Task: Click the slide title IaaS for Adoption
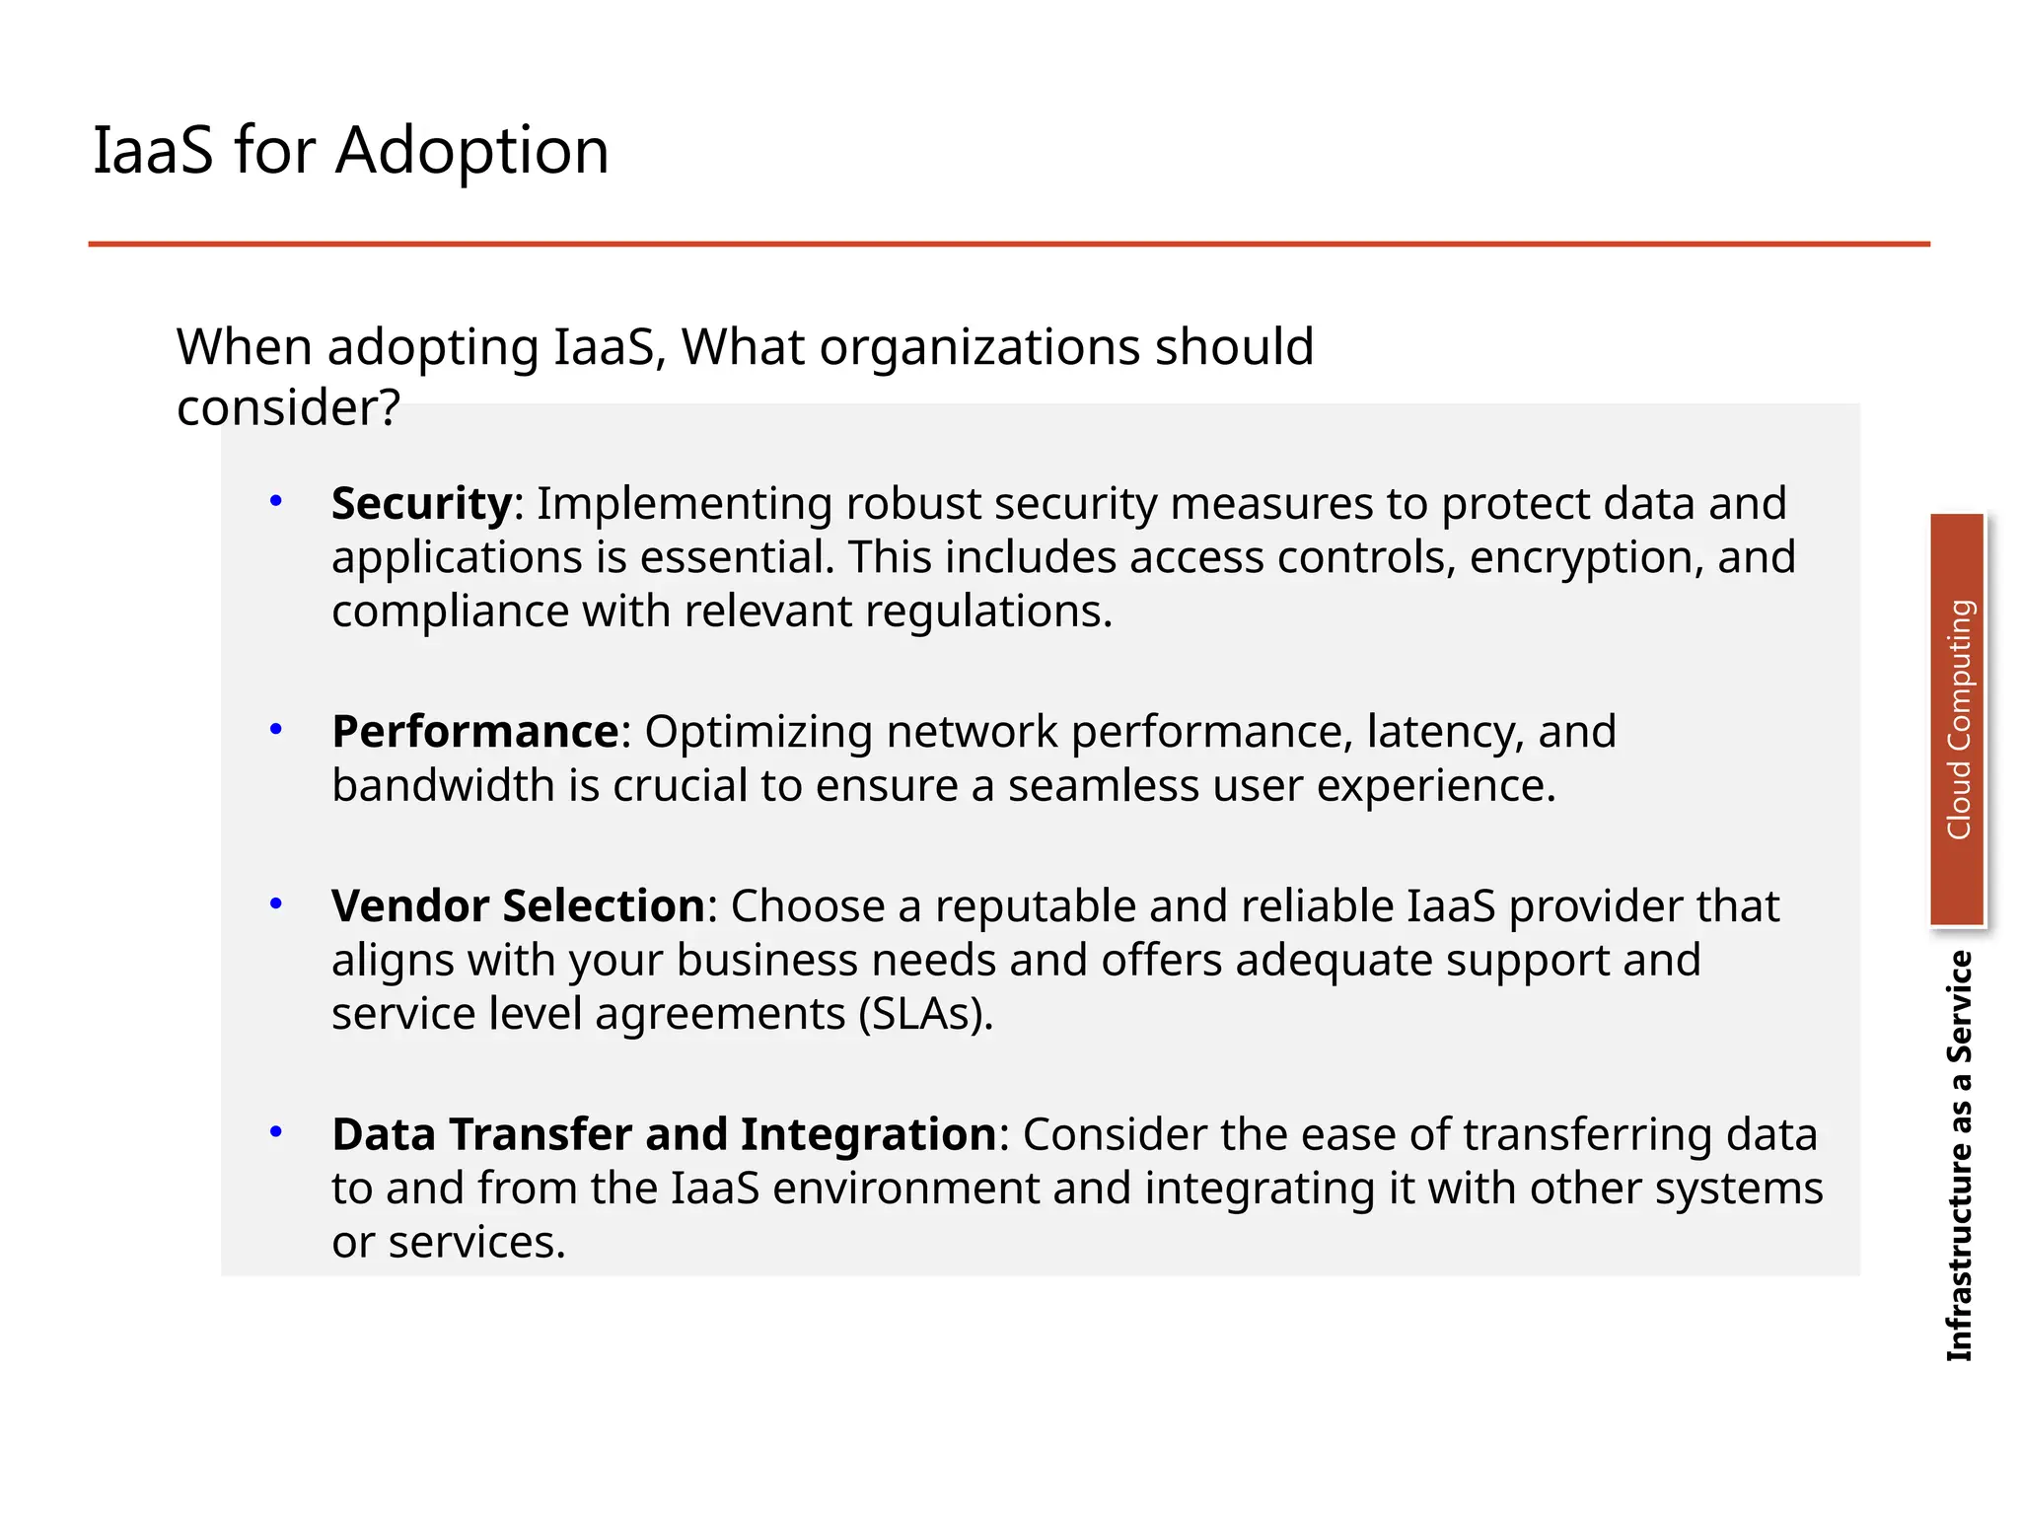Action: click(x=350, y=151)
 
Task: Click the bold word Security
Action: click(x=421, y=504)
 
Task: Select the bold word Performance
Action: click(x=475, y=732)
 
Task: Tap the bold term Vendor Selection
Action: click(x=518, y=906)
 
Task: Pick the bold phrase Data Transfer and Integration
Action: click(x=664, y=1134)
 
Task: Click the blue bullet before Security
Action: click(x=276, y=501)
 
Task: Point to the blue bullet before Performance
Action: click(x=276, y=729)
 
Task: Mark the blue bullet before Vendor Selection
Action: click(x=276, y=903)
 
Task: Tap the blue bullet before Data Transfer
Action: click(x=276, y=1132)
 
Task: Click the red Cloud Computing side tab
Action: click(x=1957, y=720)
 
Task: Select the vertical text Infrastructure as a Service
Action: click(x=1959, y=1156)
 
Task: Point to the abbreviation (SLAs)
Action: click(x=925, y=1015)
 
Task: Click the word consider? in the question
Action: click(x=288, y=408)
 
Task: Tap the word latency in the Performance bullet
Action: click(x=1446, y=733)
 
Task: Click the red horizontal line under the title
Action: click(x=1008, y=244)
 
